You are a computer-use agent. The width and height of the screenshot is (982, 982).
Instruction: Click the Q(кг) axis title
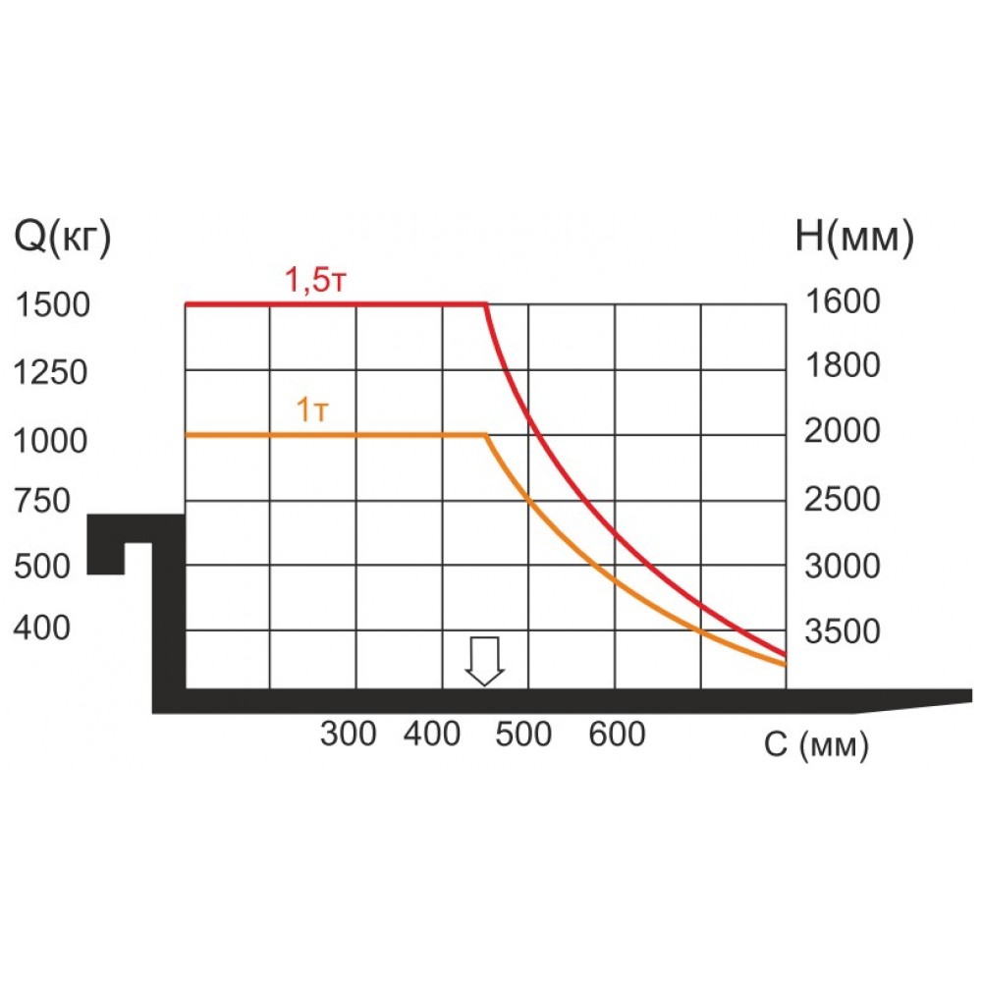click(x=61, y=238)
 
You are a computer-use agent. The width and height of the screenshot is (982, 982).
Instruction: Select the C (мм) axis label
click(x=816, y=746)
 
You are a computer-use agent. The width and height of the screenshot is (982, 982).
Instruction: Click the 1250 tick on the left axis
click(x=53, y=373)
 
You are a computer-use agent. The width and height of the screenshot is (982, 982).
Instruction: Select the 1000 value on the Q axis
click(x=53, y=441)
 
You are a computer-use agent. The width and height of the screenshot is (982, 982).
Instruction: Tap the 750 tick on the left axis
click(x=42, y=502)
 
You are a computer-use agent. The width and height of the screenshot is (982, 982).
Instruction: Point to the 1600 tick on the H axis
click(x=843, y=301)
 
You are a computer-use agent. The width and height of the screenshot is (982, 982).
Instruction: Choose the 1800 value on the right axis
click(x=843, y=366)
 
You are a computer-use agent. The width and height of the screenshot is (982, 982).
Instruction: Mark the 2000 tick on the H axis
click(x=843, y=431)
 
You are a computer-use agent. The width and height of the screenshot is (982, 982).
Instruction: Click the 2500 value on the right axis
click(x=843, y=499)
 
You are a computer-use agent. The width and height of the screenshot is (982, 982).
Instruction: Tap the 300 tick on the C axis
click(x=349, y=734)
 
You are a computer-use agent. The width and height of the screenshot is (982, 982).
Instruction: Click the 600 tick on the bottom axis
click(x=618, y=734)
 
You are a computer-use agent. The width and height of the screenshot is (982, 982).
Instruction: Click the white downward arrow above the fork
click(x=484, y=660)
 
